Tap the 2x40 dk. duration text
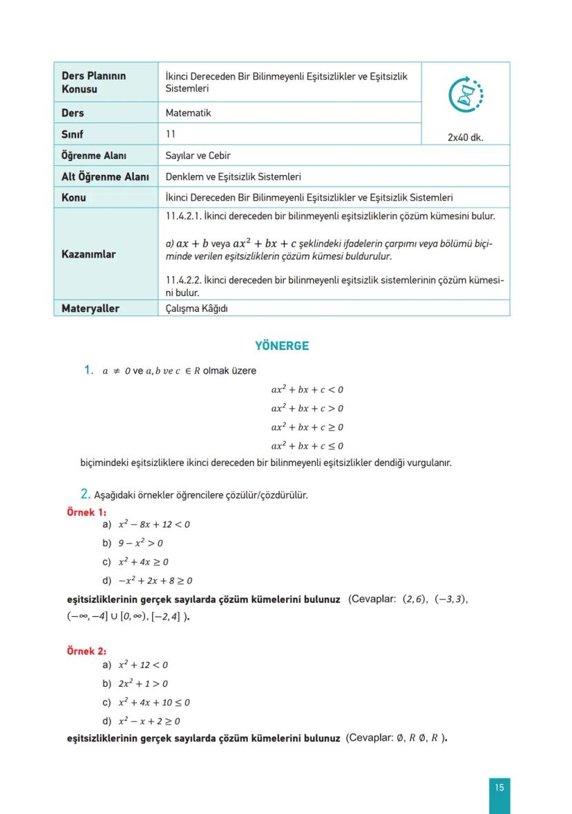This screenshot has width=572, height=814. (x=465, y=137)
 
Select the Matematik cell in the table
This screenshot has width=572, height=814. (x=189, y=113)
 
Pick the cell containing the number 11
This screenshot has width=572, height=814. (x=171, y=134)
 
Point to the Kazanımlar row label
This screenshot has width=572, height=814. (x=88, y=254)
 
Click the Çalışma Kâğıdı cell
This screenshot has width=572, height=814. (x=197, y=308)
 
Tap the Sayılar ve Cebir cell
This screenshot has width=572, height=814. (x=198, y=156)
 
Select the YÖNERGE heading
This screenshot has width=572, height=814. (x=282, y=346)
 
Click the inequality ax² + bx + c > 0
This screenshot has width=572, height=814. (x=307, y=409)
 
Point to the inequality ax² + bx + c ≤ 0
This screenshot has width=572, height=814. (x=307, y=446)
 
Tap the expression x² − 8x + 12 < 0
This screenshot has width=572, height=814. (x=154, y=525)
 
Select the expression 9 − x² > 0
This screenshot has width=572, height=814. (x=141, y=544)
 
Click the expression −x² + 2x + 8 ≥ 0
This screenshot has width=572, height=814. (x=155, y=581)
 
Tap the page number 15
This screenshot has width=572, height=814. (x=499, y=787)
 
